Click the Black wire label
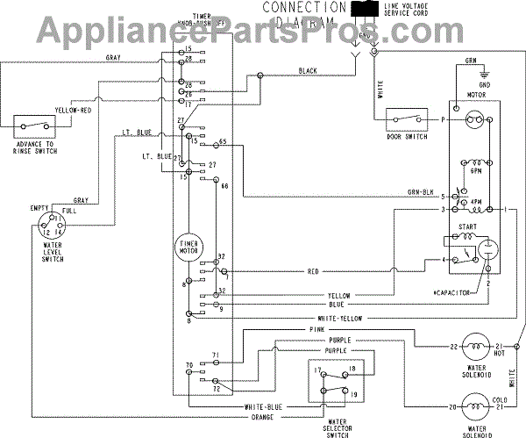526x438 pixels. [308, 70]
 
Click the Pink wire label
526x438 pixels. [317, 329]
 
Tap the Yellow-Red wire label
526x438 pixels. [72, 111]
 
